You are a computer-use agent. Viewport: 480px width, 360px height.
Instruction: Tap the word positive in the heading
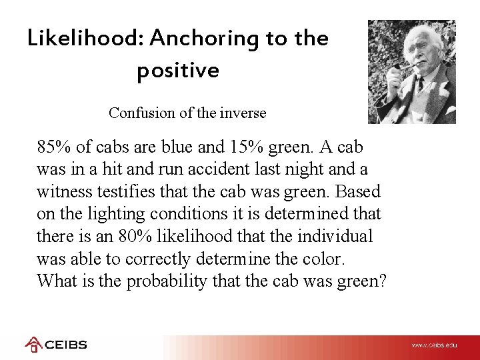click(177, 70)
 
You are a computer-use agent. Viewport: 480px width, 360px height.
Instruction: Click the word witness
click(63, 192)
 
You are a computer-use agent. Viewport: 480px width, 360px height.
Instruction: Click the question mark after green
click(381, 281)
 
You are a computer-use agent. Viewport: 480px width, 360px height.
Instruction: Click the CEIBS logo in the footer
click(56, 345)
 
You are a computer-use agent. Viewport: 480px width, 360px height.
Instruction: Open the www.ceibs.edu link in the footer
click(435, 345)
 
